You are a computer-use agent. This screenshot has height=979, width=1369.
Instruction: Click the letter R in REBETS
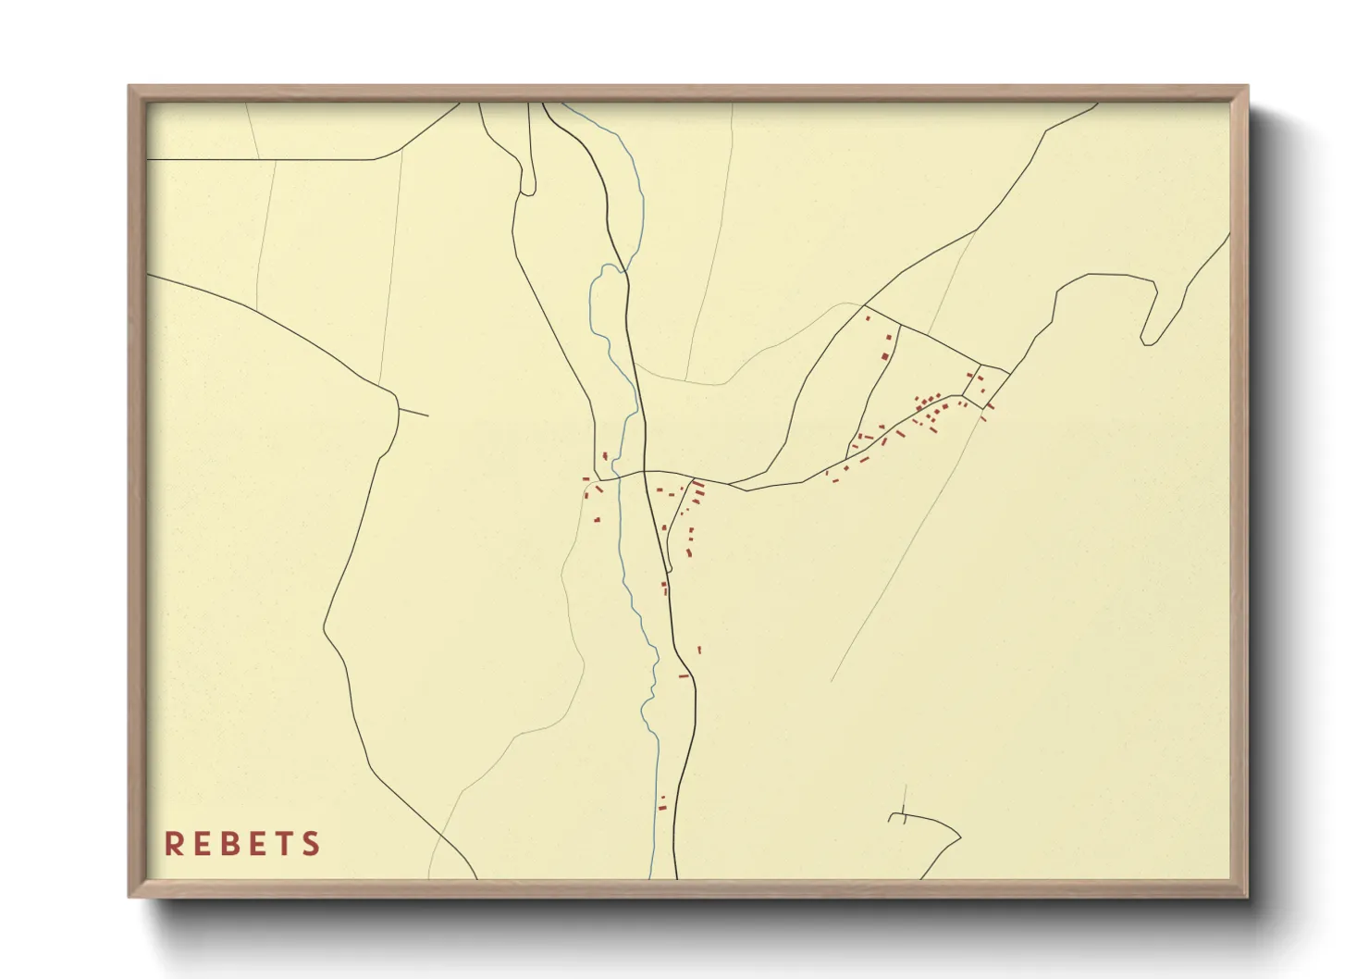coord(173,844)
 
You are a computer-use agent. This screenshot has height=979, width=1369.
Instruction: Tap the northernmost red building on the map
coord(868,318)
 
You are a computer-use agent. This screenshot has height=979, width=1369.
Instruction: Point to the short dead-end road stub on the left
coord(413,412)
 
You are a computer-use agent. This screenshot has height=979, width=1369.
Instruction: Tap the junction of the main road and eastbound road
coord(645,472)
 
